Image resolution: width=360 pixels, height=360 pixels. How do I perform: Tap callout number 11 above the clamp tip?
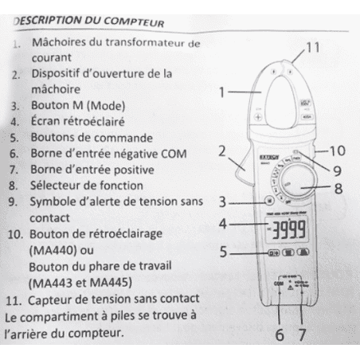313,47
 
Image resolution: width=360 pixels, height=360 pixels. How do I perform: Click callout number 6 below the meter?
279,335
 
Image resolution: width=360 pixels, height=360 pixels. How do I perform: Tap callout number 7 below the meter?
303,335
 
